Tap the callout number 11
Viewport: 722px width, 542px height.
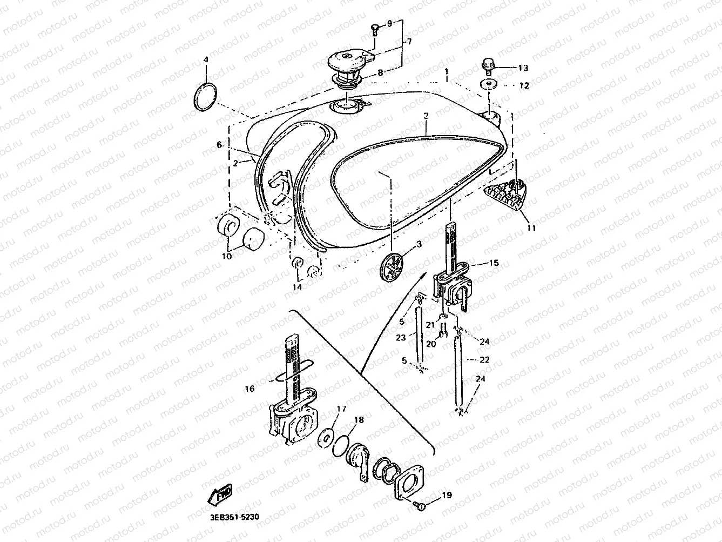coord(532,228)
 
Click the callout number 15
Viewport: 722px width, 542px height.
coord(494,263)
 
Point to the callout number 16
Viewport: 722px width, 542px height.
coord(249,389)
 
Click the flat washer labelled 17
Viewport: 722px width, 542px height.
coord(327,436)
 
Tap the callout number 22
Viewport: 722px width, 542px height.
coord(484,359)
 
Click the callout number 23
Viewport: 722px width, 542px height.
coord(400,338)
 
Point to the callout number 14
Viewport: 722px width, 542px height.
coord(296,287)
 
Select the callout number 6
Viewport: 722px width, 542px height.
coord(219,145)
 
